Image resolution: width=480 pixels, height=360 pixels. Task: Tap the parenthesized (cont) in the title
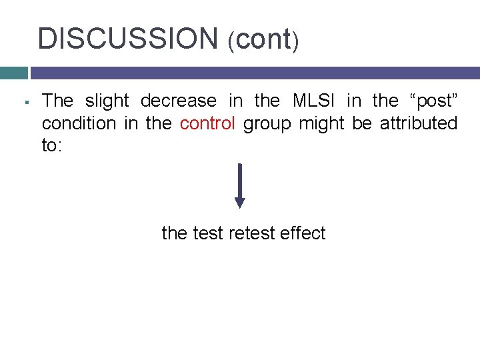[x=263, y=40]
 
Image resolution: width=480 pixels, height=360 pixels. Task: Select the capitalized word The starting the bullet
[x=57, y=101]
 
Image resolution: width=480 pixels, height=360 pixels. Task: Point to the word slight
[x=107, y=101]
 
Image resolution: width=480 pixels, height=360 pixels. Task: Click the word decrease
[x=179, y=101]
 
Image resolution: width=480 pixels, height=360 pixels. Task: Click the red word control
[x=207, y=123]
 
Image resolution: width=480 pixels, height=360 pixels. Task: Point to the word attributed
[x=419, y=123]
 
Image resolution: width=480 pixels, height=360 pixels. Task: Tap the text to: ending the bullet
[x=52, y=146]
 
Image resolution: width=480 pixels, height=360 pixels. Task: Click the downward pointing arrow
[x=240, y=186]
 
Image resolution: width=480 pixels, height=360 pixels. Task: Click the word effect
[x=303, y=233]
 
